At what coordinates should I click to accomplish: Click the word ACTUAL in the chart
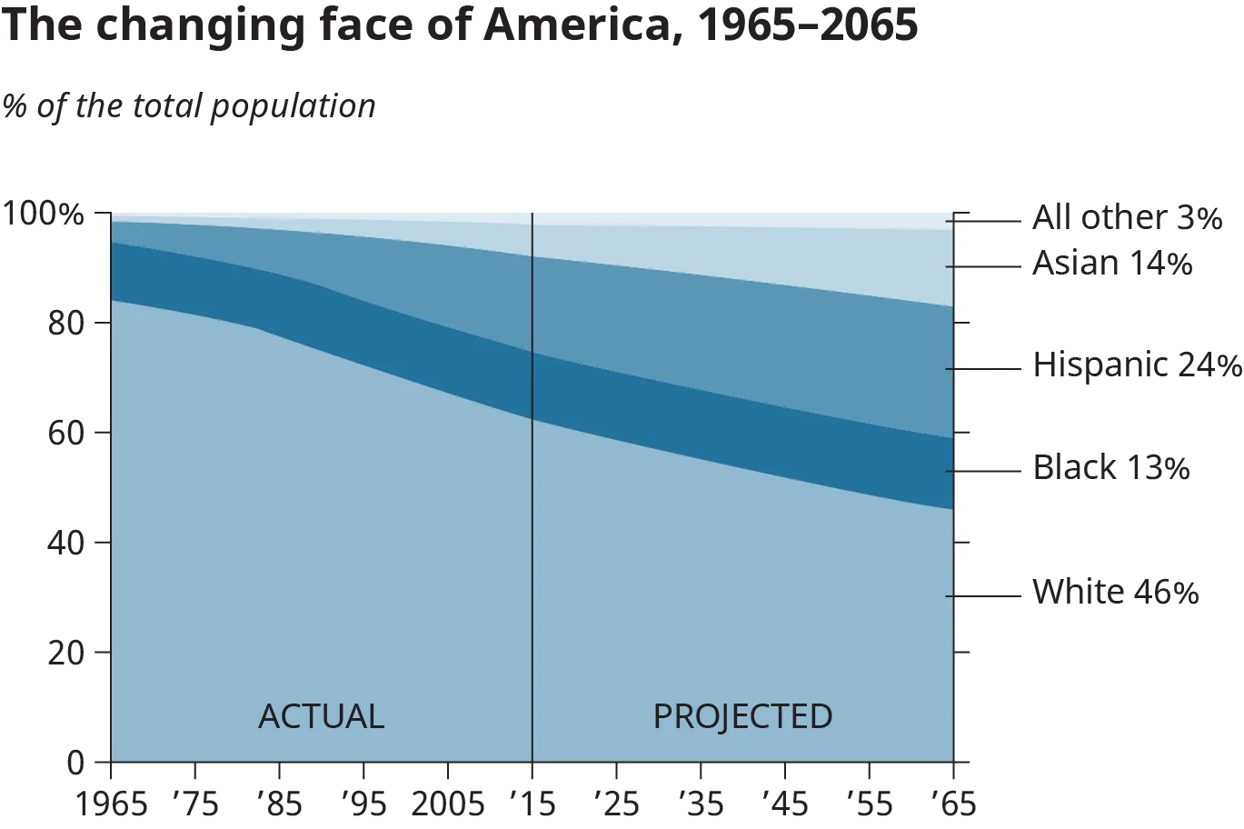click(x=321, y=716)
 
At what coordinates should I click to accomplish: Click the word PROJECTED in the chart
click(x=742, y=716)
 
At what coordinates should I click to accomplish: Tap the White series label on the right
click(x=1114, y=594)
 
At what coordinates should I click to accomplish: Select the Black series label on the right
click(x=1110, y=468)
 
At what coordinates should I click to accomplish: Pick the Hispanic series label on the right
click(x=1136, y=365)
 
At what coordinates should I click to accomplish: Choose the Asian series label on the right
click(x=1110, y=265)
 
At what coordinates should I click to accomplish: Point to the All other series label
click(x=1129, y=219)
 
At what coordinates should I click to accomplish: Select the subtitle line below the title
click(x=188, y=108)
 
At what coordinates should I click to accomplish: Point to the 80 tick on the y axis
click(x=65, y=325)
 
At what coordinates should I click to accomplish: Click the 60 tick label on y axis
click(x=65, y=433)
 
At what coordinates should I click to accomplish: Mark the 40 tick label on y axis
click(x=65, y=543)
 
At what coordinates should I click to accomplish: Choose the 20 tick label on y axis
click(x=65, y=652)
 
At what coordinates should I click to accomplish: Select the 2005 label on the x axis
click(x=446, y=804)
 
